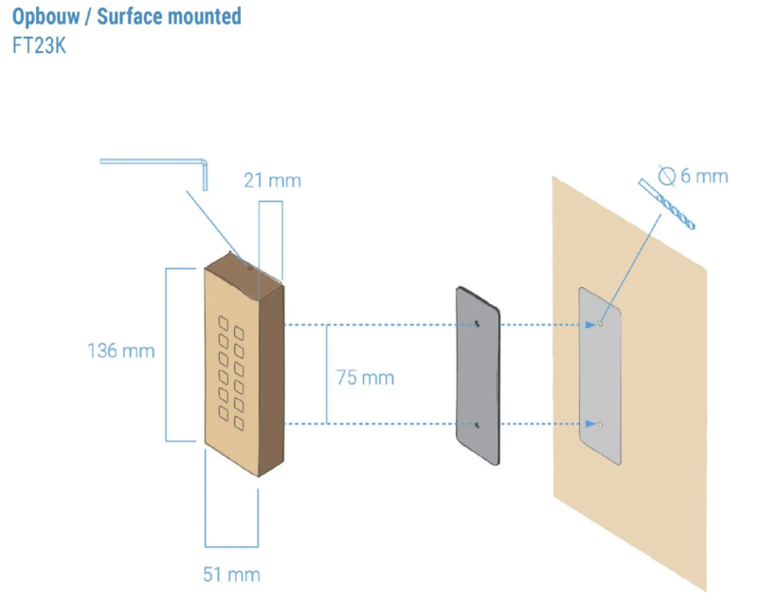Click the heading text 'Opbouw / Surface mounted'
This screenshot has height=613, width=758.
tap(127, 17)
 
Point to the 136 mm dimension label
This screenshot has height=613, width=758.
tap(121, 352)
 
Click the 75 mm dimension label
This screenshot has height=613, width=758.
tap(365, 378)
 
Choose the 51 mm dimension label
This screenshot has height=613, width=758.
tap(231, 574)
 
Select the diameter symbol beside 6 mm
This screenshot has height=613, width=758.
tap(665, 175)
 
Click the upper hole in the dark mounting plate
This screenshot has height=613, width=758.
tap(478, 324)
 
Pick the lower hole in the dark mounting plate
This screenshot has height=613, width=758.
tap(478, 424)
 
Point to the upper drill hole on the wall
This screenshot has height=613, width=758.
tap(601, 324)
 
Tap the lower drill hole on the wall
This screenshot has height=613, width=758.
tap(601, 424)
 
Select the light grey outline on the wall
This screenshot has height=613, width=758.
tap(601, 374)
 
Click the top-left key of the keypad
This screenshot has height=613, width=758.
tap(225, 321)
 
